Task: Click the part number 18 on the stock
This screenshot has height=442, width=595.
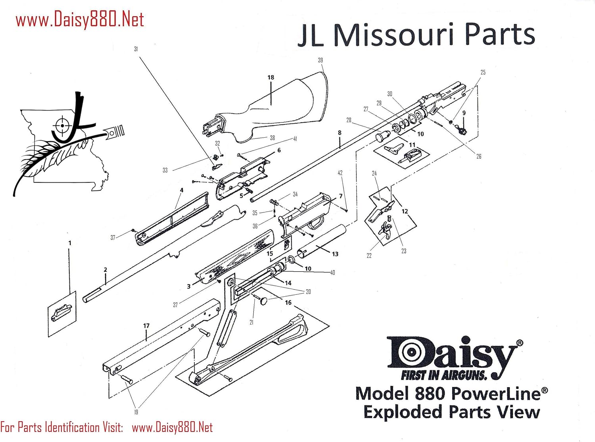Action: coord(271,77)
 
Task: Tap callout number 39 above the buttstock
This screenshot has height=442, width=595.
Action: coord(321,60)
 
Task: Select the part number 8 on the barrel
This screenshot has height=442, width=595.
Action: coord(340,133)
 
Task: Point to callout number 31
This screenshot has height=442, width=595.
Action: coord(136,49)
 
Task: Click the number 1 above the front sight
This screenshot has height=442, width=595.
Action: coord(70,243)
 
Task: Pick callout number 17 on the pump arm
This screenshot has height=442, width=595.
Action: coord(146,326)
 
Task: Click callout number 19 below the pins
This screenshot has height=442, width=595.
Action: coord(136,412)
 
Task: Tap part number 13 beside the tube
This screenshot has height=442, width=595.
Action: coord(335,254)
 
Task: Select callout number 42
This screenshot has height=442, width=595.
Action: coord(340,173)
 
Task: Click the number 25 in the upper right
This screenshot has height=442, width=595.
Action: coord(483,72)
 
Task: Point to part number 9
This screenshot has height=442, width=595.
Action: coord(464,113)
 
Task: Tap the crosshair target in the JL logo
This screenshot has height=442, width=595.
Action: coord(62,126)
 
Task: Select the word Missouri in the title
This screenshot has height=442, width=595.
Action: coord(393,35)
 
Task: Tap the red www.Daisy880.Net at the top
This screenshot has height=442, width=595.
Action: coord(80,20)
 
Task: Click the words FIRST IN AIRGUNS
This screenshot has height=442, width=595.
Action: coord(443,375)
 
